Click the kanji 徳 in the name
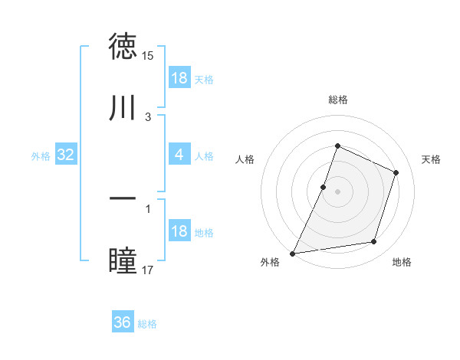(x=123, y=47)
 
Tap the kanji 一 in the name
(x=123, y=198)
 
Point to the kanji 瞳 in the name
(x=123, y=260)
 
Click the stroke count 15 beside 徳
(x=148, y=56)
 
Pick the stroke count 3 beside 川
(x=148, y=116)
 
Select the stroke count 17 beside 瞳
(x=148, y=270)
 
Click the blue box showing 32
(x=66, y=155)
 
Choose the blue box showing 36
(x=123, y=322)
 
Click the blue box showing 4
(x=179, y=155)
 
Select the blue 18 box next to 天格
(x=179, y=78)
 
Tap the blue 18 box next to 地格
(x=179, y=231)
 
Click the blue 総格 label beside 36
(x=148, y=324)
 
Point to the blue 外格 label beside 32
(x=41, y=156)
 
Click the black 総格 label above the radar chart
(x=337, y=100)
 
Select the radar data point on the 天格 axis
(x=396, y=172)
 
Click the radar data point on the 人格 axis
(x=324, y=187)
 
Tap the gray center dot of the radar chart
(x=337, y=191)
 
